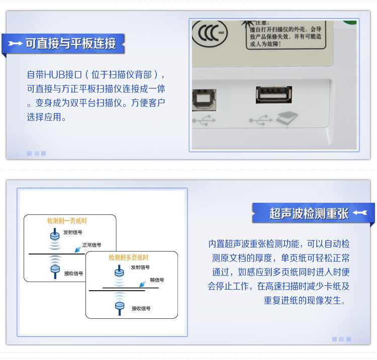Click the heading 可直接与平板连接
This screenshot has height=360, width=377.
coord(71,44)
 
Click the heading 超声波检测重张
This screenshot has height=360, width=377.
coord(309,213)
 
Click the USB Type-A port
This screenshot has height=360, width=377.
coord(274,94)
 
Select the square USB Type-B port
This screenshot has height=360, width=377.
coord(204,100)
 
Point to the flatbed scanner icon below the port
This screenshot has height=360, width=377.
coord(287,118)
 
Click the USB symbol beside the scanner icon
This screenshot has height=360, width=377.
coord(261,120)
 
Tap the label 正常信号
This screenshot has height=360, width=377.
coord(91,245)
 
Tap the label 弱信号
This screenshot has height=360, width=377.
coord(157,280)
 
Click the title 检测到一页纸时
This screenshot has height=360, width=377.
coord(67,221)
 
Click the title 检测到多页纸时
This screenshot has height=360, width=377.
coord(129,258)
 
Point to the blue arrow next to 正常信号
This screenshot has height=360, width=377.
coord(77,249)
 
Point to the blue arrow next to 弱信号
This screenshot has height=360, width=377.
coord(143,284)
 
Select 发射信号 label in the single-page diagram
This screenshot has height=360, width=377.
coord(72,232)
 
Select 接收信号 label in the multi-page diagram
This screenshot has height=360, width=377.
coord(141,308)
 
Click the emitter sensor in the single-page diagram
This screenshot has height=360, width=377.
coord(55,234)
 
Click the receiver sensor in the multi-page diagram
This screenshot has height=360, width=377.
coord(120,308)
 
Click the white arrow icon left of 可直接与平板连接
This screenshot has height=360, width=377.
coord(15,44)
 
